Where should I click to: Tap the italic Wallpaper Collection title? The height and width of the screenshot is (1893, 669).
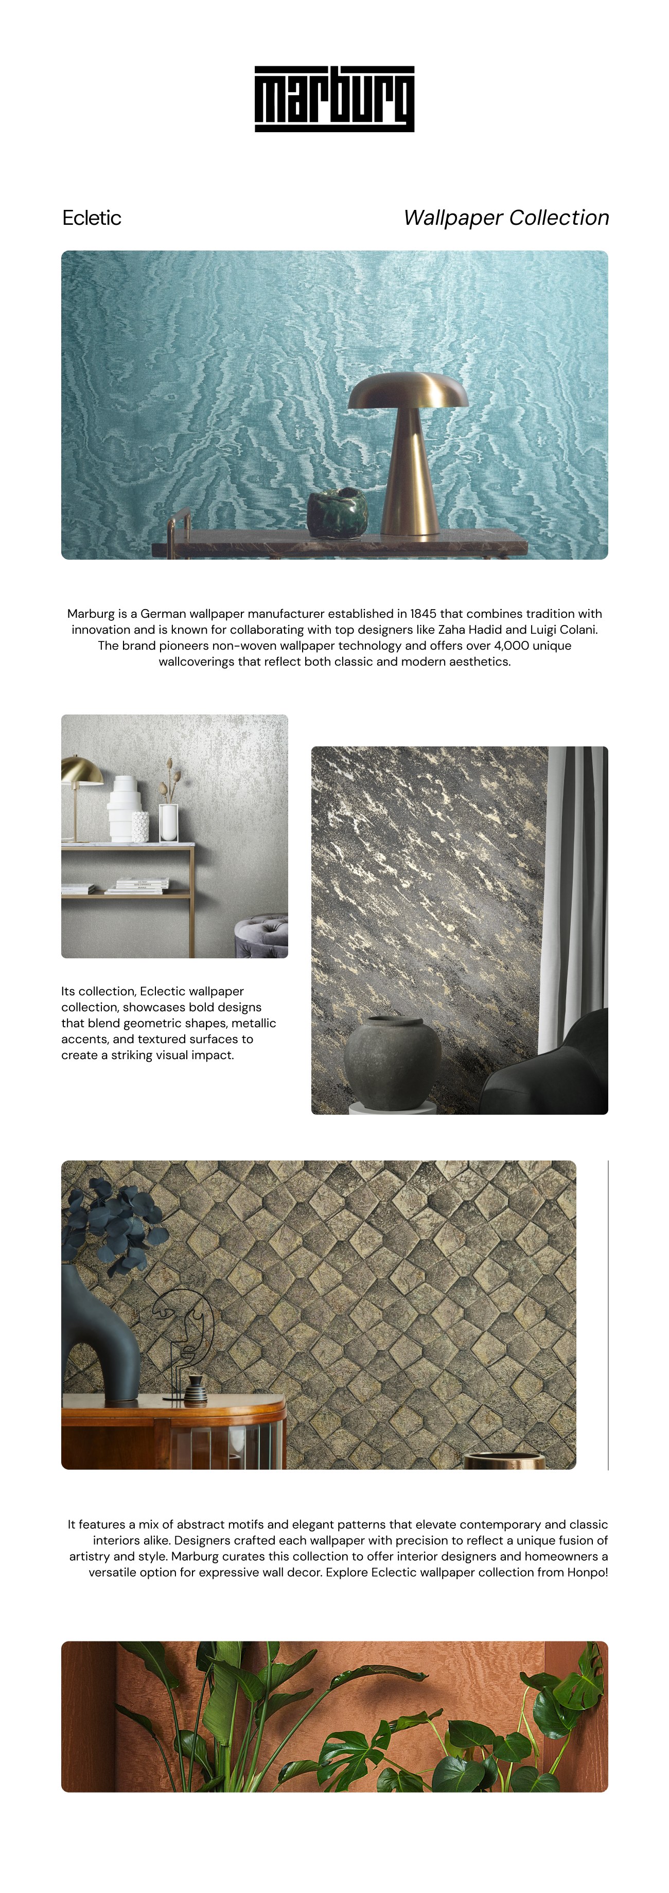coord(506,218)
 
